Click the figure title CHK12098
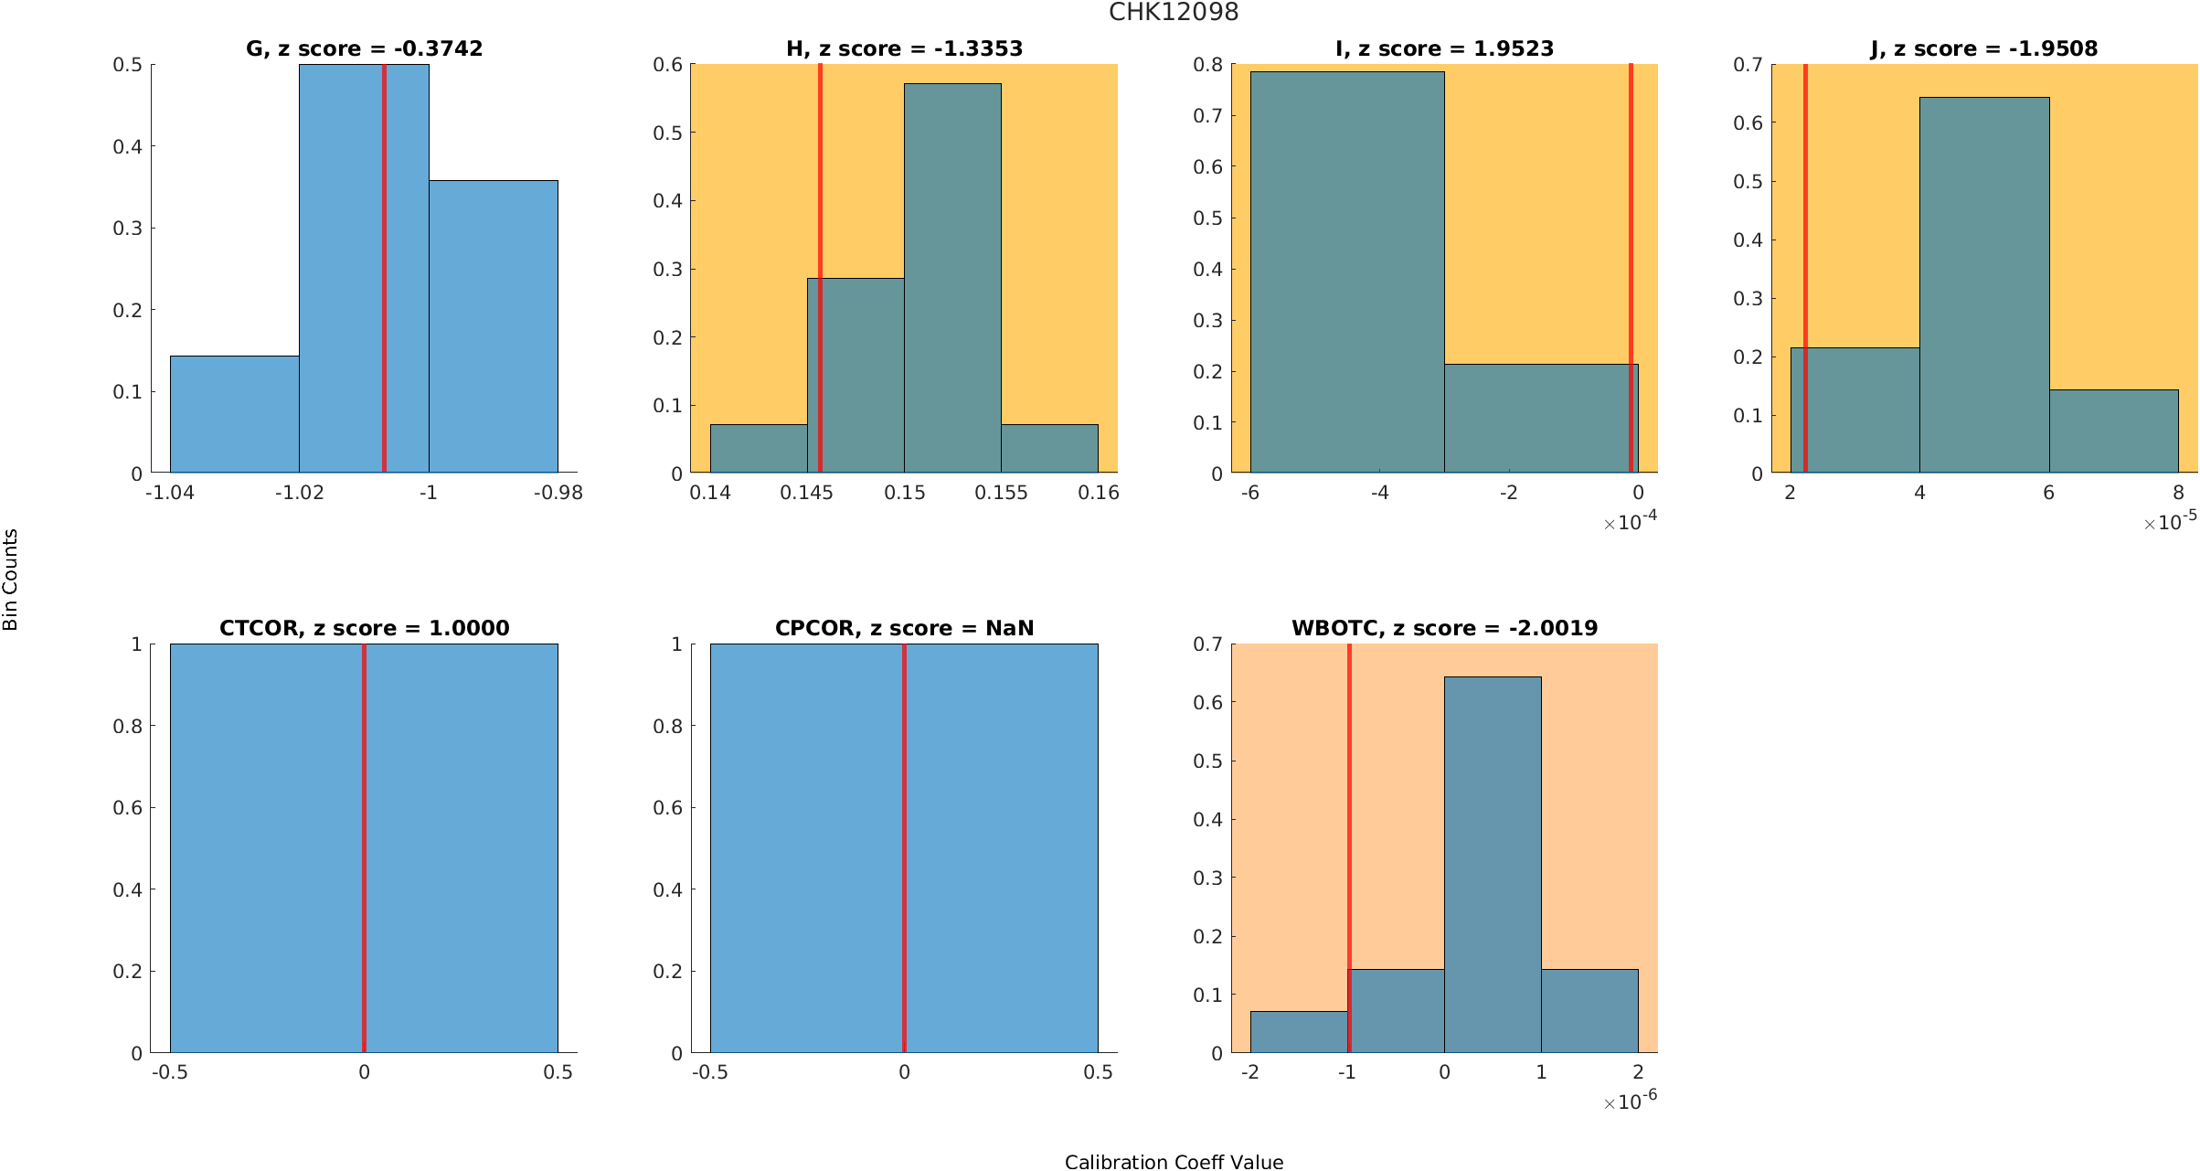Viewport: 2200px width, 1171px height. click(1174, 13)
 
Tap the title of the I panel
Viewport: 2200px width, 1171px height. click(1444, 48)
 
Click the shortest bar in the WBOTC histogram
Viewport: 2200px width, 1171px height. click(1299, 1032)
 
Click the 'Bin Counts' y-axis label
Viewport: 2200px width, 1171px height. click(11, 580)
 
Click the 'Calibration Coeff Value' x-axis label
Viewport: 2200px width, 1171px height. click(1174, 1161)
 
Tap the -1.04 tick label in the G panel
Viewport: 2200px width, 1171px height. click(170, 493)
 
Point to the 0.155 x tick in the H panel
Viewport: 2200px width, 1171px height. click(1001, 493)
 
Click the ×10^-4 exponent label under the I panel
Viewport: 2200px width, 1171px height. click(1631, 522)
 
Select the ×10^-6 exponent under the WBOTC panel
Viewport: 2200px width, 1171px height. click(1631, 1102)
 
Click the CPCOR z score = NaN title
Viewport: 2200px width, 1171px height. click(904, 628)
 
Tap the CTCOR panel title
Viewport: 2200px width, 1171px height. click(364, 628)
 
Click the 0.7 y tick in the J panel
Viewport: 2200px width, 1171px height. click(1748, 65)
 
